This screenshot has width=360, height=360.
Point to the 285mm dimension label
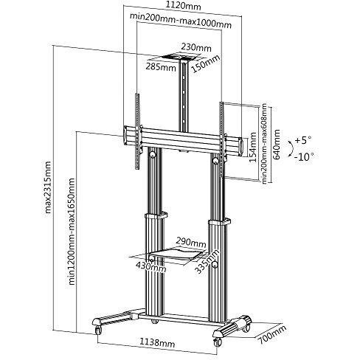pos(161,66)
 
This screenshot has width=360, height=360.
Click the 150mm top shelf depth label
pos(206,64)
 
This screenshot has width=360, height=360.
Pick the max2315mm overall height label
pos(47,187)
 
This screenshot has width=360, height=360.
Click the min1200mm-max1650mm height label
pos(72,231)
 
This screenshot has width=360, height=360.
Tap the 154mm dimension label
pos(253,147)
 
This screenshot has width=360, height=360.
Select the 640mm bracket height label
pos(277,144)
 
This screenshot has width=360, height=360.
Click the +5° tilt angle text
pos(303,140)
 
